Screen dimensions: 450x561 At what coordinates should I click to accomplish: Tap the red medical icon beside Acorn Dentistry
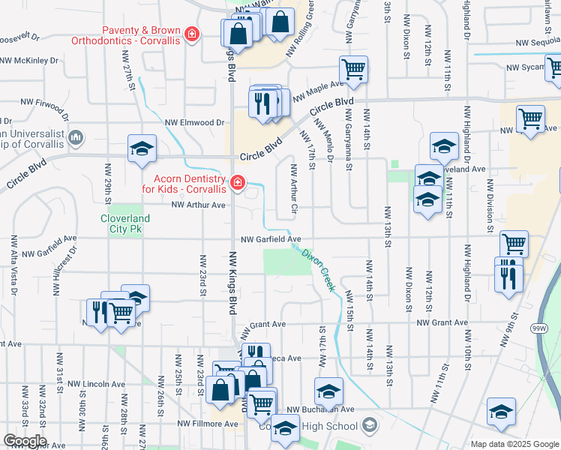point(238,182)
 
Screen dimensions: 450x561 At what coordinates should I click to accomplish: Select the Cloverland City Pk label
point(125,224)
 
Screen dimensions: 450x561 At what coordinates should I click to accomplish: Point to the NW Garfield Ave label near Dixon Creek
point(270,239)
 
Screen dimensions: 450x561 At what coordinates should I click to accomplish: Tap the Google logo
point(24,441)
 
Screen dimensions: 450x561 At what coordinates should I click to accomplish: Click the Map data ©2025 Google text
point(514,444)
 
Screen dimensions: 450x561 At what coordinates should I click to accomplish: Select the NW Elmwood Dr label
point(195,122)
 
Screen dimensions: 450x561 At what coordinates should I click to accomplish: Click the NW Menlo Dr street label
point(323,141)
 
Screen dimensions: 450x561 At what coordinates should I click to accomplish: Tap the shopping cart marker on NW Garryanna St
point(353,70)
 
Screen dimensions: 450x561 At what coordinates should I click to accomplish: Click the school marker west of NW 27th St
point(141,148)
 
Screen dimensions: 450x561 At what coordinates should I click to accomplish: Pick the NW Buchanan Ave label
point(319,409)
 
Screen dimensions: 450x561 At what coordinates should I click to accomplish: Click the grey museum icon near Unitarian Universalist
point(76,137)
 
